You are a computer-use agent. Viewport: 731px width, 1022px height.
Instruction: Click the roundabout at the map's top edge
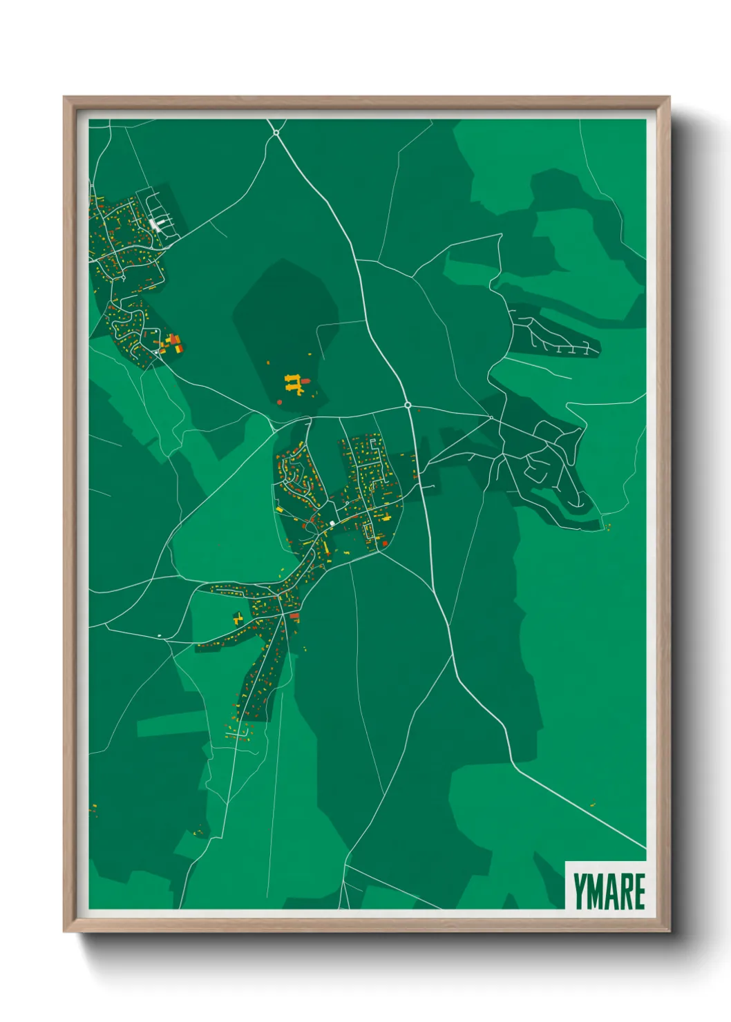[276, 132]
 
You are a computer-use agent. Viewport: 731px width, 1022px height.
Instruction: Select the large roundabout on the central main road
[408, 405]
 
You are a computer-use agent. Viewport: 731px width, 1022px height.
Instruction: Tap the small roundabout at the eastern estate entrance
[491, 417]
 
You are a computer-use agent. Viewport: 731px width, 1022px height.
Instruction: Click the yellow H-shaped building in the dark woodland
[294, 383]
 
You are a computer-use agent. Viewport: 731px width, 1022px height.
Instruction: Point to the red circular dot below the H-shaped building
[279, 401]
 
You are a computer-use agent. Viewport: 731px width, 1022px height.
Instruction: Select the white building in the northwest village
[154, 224]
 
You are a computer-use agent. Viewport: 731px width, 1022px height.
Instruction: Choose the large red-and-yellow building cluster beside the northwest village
[172, 343]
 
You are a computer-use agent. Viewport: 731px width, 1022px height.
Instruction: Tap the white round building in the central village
[332, 523]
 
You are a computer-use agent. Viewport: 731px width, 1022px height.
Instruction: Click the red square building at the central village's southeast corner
[384, 544]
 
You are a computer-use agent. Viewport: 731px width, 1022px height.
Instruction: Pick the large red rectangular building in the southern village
[294, 615]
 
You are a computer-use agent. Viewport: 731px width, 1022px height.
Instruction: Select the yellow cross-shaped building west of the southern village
[238, 617]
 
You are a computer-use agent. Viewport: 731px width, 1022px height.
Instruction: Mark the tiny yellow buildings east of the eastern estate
[608, 528]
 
